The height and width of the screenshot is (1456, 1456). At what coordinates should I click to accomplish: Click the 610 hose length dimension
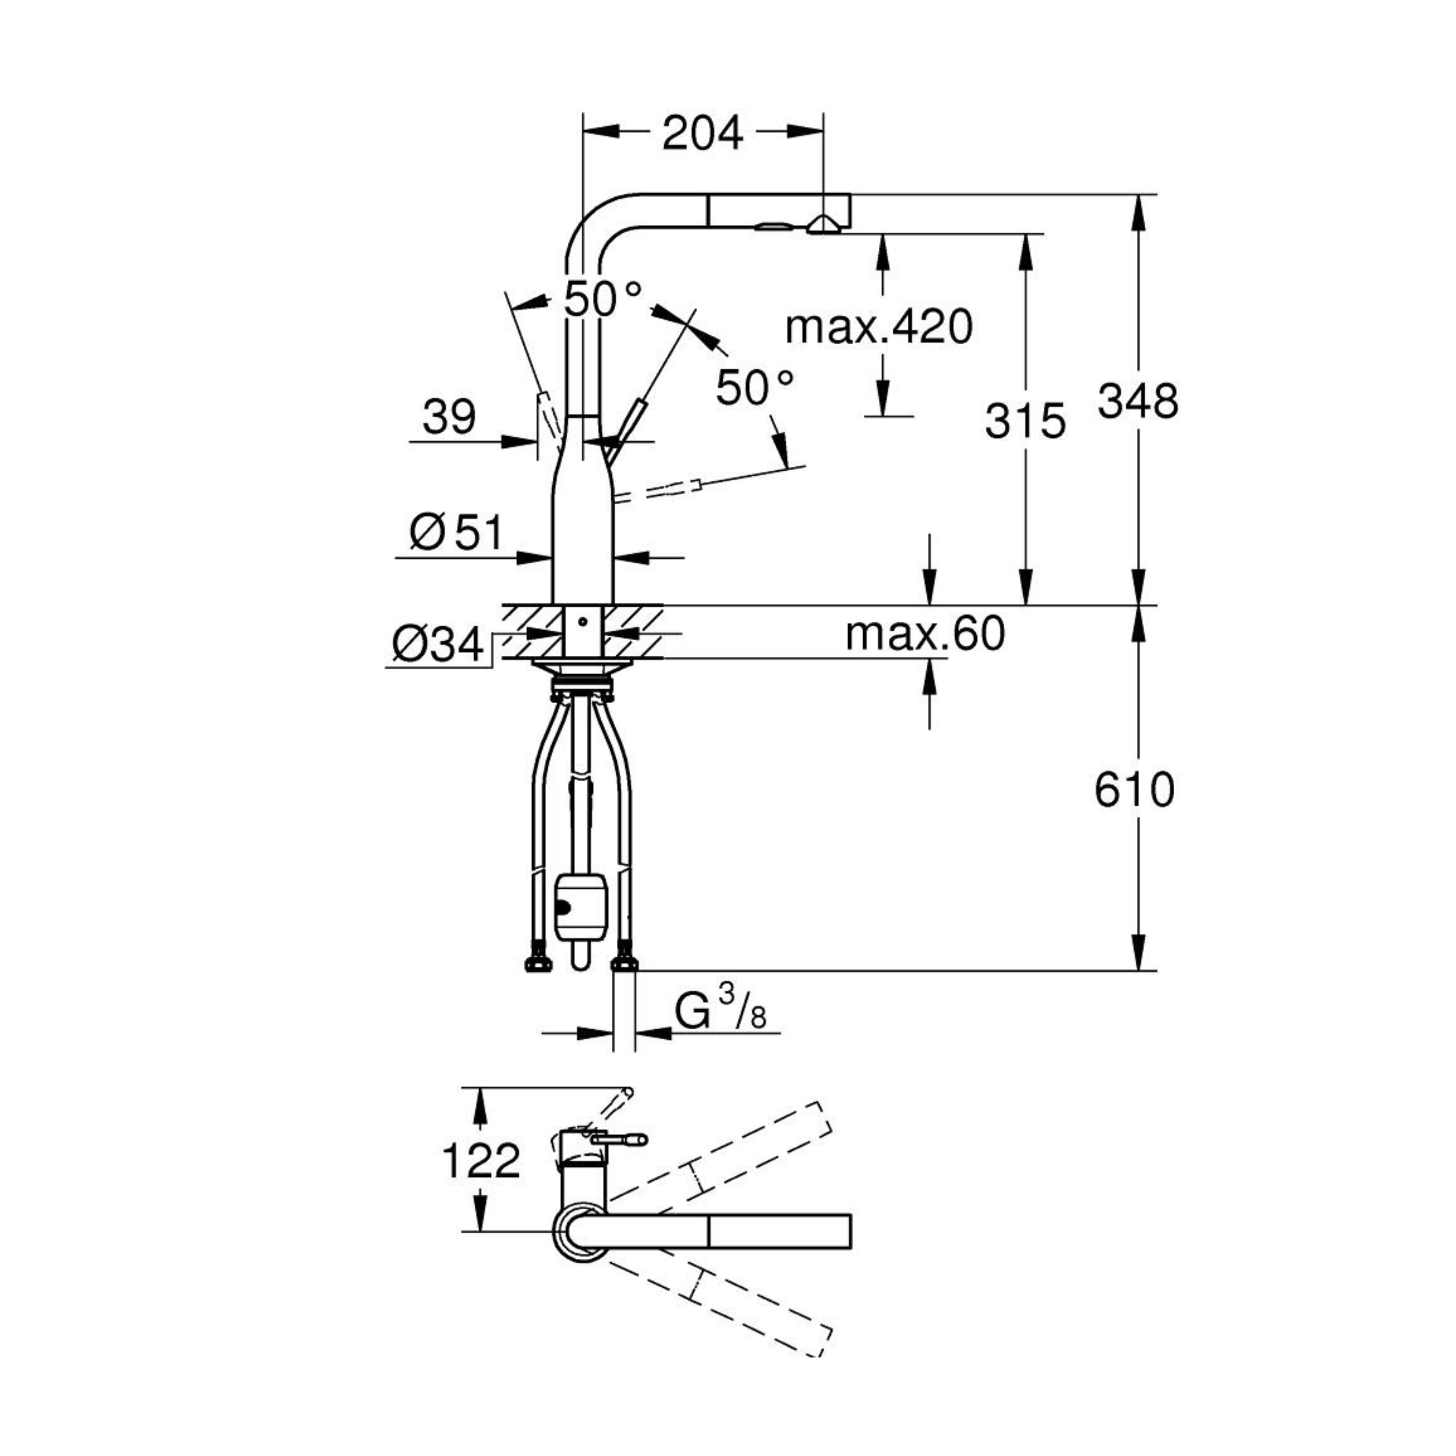(1134, 790)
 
